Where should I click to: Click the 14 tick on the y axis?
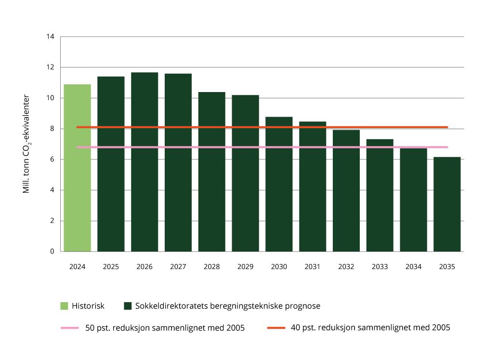tap(51, 37)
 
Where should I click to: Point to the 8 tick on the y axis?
tap(52, 129)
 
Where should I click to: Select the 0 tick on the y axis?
tap(52, 252)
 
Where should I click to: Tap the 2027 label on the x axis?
tap(178, 267)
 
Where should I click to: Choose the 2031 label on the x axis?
tap(312, 267)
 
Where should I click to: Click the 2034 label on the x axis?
tap(413, 267)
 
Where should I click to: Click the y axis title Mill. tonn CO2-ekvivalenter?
tap(27, 144)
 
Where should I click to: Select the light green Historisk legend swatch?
tap(64, 306)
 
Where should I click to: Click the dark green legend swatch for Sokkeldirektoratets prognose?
tap(128, 306)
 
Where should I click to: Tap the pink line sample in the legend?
tap(69, 328)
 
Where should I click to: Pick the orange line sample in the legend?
tap(276, 328)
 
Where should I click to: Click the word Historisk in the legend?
tap(88, 306)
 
